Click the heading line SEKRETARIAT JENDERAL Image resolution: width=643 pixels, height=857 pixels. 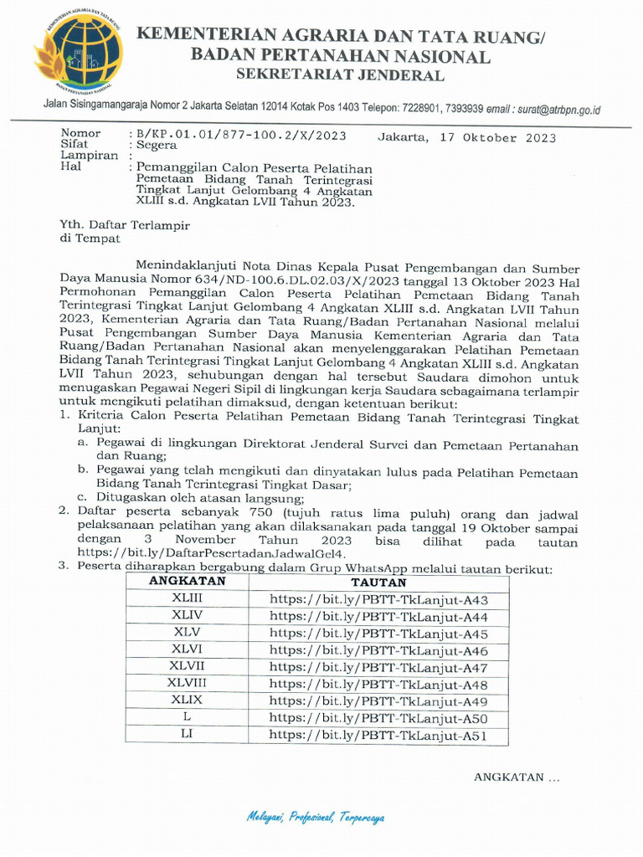click(340, 75)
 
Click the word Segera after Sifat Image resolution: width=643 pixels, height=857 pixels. click(157, 145)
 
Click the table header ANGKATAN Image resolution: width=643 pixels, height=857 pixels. click(187, 582)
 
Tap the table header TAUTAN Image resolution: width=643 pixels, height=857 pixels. click(378, 582)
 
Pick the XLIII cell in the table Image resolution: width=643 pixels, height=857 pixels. click(187, 598)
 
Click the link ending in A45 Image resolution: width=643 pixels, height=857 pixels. click(378, 634)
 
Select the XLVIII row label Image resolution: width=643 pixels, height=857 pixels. click(187, 684)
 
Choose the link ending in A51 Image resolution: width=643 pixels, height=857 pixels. click(378, 736)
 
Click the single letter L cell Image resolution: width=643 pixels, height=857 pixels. click(187, 718)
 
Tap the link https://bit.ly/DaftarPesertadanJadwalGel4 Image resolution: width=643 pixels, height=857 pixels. click(211, 554)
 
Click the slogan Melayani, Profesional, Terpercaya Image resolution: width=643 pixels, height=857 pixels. click(316, 817)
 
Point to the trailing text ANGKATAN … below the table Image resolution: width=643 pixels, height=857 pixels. click(516, 777)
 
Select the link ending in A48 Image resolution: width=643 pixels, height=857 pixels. click(378, 685)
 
